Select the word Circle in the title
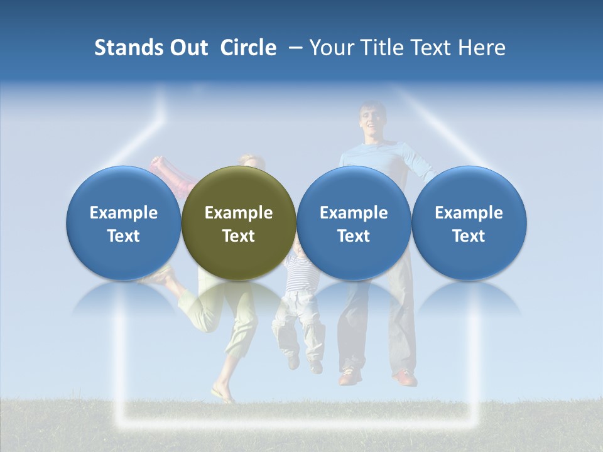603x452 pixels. pyautogui.click(x=248, y=48)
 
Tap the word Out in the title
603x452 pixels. pyautogui.click(x=188, y=48)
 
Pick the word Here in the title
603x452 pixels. pyautogui.click(x=482, y=48)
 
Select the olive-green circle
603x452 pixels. pyautogui.click(x=239, y=223)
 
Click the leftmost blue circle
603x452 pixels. pyautogui.click(x=124, y=223)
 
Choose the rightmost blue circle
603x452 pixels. pyautogui.click(x=469, y=223)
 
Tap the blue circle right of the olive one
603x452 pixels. pyautogui.click(x=354, y=223)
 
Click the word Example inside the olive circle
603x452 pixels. pyautogui.click(x=239, y=213)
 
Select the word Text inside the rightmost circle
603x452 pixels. pyautogui.click(x=469, y=236)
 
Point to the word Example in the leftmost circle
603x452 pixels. pyautogui.click(x=124, y=213)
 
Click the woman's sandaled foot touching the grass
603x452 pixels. pyautogui.click(x=223, y=395)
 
